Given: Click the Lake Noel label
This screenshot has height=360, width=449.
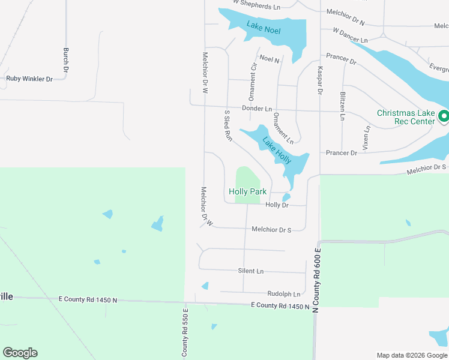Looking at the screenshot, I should click(264, 27).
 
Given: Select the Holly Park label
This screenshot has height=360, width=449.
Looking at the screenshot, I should click(247, 192).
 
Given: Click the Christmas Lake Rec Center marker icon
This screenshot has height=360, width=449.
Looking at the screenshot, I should click(444, 116).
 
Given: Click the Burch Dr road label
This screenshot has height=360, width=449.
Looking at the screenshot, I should click(66, 60).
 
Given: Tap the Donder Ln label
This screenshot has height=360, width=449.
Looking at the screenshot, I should click(257, 109).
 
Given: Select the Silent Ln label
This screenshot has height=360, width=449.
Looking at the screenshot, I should click(250, 271).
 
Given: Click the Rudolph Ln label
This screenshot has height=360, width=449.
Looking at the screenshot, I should click(284, 294).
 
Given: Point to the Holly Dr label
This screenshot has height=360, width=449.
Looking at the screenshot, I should click(277, 205).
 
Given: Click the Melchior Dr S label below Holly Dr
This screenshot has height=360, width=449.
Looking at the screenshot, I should click(271, 229).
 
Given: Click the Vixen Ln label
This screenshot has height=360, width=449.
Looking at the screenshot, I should click(366, 138).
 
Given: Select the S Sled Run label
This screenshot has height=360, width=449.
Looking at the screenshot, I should click(228, 125).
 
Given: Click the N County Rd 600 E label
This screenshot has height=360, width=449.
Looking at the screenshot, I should click(316, 280).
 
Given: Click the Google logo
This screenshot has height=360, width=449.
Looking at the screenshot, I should click(20, 353).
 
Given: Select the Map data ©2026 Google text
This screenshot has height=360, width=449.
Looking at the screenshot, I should click(411, 355).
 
